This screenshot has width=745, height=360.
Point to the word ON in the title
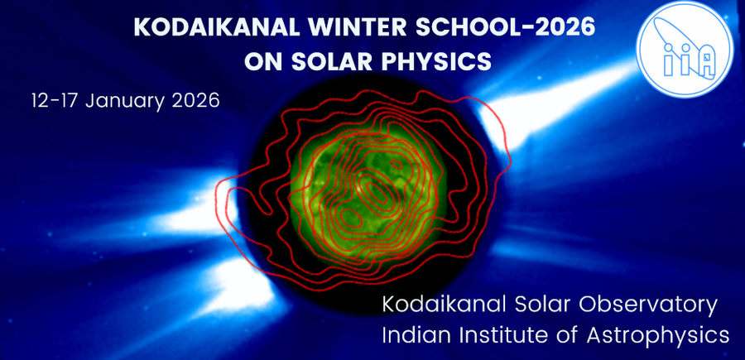(x=263, y=61)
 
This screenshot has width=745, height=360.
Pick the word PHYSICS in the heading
(x=439, y=61)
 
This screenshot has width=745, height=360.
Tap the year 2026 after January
(x=195, y=102)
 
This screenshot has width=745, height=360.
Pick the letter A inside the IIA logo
(x=704, y=60)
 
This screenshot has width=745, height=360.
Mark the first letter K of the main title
(x=142, y=27)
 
